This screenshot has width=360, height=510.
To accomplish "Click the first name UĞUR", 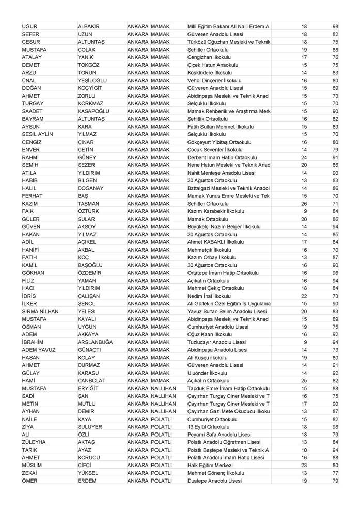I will point(30,26).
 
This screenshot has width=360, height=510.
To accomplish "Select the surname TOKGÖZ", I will point(90,65).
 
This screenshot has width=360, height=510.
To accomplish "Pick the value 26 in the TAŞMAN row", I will point(304,204).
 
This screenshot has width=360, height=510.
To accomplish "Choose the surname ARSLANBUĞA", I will point(95,342).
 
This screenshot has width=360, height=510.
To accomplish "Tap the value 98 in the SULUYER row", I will point(335,427).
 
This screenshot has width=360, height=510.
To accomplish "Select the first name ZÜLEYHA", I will point(35,442).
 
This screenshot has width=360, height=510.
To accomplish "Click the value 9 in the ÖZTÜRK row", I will point(305,211).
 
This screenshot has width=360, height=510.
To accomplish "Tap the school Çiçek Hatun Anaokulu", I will point(212,65).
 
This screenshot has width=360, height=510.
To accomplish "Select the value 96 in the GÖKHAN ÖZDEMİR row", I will point(335,273).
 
